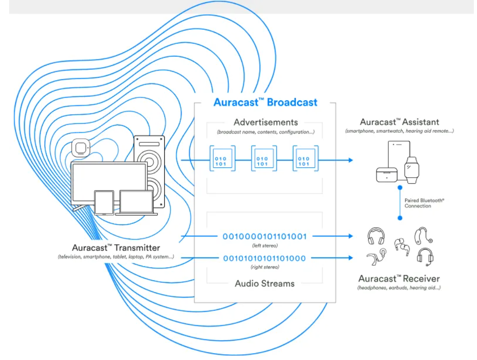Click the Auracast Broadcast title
coord(265,102)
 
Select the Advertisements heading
coord(266,122)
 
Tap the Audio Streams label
coord(265,284)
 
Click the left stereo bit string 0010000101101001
coord(265,237)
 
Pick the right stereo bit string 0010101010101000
coord(264,258)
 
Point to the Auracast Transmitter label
coord(116,248)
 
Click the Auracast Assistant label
coord(399,122)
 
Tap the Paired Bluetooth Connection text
coord(418,203)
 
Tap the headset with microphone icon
coord(425,256)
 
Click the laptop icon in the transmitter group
coord(136,203)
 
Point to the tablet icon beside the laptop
coord(104,202)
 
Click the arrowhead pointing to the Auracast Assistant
coord(350,160)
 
